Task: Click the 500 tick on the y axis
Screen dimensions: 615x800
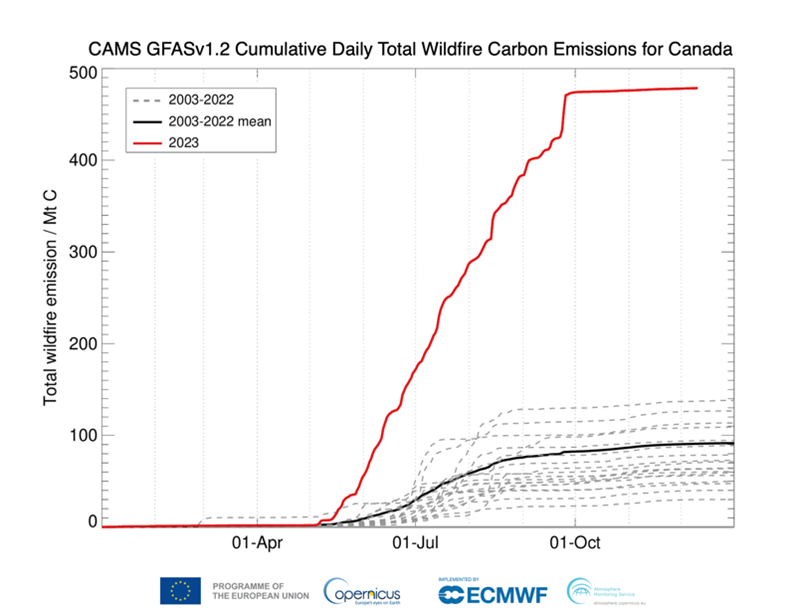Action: [82, 74]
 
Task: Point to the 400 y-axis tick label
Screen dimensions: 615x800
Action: [82, 160]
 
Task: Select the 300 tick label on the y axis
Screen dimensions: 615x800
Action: [82, 252]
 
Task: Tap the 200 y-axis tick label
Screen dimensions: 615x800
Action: [82, 344]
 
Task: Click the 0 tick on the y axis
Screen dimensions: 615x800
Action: [92, 522]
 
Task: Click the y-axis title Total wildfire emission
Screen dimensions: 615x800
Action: [50, 300]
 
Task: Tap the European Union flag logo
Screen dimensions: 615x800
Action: [180, 591]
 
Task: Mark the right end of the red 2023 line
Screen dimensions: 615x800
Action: [696, 88]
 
